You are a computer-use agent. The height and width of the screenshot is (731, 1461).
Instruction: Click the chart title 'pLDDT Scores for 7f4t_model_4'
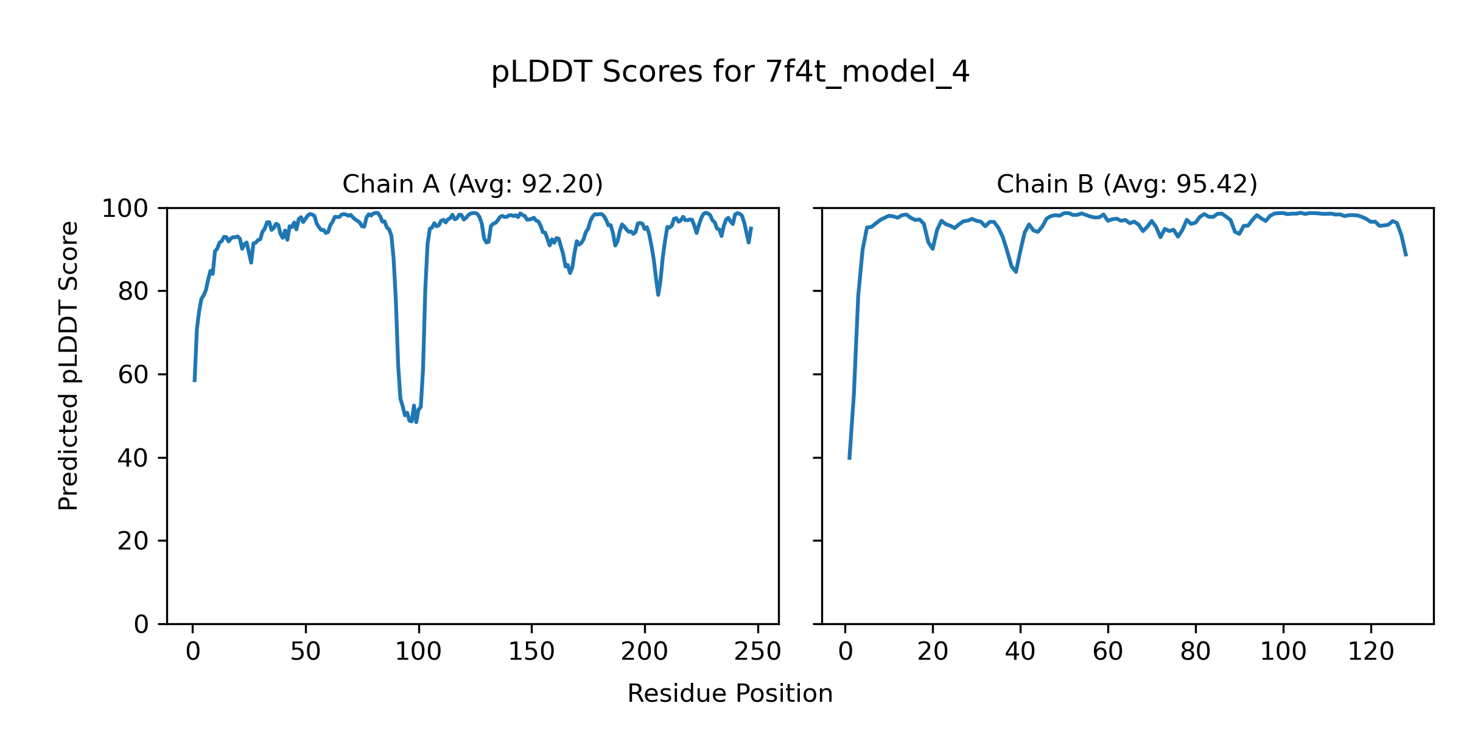click(x=730, y=72)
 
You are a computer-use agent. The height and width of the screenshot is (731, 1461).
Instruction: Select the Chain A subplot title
click(x=472, y=184)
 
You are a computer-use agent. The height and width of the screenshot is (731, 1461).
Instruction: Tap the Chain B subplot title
click(x=1127, y=184)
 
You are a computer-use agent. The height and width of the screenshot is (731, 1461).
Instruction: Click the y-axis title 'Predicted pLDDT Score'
click(x=68, y=365)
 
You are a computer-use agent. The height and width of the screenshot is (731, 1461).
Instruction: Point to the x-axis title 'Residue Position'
click(x=730, y=694)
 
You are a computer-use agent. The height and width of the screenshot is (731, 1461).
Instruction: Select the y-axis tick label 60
click(x=133, y=375)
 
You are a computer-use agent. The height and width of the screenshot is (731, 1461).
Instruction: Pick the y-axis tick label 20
click(x=133, y=542)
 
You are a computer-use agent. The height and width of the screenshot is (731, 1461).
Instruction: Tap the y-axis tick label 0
click(x=141, y=624)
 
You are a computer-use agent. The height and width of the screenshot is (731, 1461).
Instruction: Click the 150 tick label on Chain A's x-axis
click(x=531, y=652)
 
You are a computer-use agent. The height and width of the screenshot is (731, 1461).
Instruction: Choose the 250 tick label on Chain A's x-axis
click(x=757, y=652)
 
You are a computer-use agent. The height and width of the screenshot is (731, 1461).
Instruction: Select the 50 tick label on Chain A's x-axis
click(x=306, y=652)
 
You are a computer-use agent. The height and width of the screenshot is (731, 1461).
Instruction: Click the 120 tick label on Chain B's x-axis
click(x=1371, y=652)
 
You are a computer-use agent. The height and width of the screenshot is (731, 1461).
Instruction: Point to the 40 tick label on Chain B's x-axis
click(x=1020, y=652)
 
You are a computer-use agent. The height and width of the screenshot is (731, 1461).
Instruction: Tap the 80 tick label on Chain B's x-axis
click(x=1196, y=652)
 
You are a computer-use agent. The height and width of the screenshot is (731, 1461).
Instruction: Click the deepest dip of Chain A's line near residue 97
click(x=416, y=422)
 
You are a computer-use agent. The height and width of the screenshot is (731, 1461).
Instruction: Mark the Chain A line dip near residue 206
click(x=658, y=295)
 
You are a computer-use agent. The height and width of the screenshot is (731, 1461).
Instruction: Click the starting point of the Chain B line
click(x=849, y=459)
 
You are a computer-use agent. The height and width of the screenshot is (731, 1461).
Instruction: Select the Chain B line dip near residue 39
click(x=1016, y=272)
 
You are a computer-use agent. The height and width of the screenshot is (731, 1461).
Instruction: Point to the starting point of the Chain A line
click(x=194, y=381)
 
